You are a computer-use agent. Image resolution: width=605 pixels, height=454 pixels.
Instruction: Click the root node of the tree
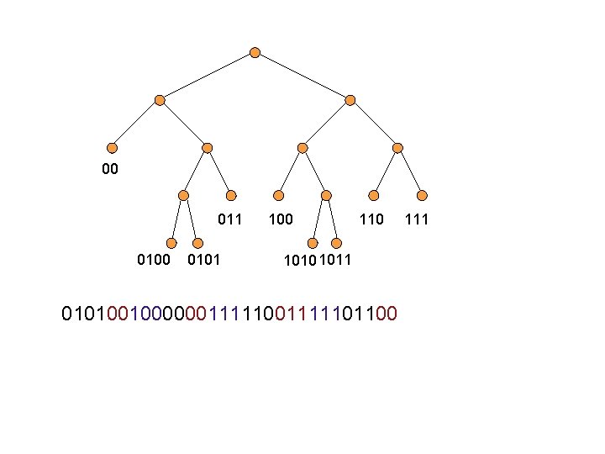[255, 52]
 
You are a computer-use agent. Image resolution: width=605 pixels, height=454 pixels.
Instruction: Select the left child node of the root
[160, 100]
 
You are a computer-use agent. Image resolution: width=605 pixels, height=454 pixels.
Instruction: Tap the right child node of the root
[350, 100]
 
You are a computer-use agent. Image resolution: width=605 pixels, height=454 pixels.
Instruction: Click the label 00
[109, 171]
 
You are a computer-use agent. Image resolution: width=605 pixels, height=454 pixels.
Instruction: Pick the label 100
[281, 220]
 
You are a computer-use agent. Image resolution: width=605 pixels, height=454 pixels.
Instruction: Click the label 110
[371, 220]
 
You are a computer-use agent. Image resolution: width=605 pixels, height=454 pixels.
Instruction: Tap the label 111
[418, 220]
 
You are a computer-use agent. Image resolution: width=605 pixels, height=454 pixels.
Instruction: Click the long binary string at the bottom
[229, 314]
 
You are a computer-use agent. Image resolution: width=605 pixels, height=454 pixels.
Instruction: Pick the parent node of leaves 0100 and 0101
[183, 195]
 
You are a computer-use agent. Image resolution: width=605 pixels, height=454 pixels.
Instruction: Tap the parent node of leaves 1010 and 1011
[325, 195]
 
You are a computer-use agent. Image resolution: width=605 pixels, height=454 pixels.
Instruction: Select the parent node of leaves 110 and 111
[398, 148]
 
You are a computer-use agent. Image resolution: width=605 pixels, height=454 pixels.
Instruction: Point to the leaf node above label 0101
[195, 243]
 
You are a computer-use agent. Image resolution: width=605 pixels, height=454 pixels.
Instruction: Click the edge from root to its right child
[302, 76]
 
